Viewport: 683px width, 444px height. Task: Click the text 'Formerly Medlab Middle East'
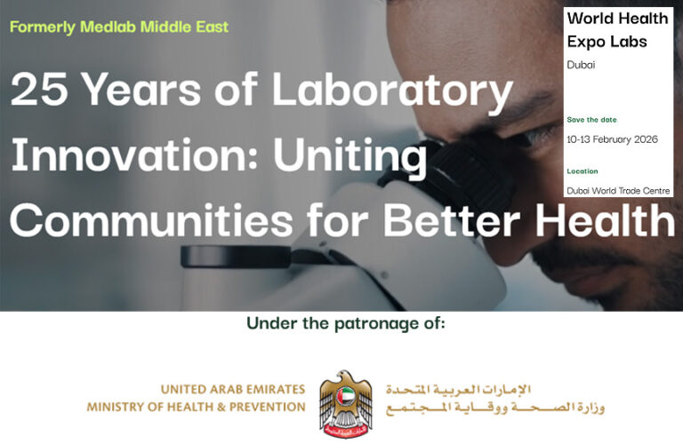(x=119, y=27)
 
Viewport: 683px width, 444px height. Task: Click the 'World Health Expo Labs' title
(x=607, y=29)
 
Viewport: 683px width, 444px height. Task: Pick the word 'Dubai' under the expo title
(x=581, y=65)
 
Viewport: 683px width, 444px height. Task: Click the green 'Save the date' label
(x=591, y=120)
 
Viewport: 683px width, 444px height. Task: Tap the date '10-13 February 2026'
(x=612, y=139)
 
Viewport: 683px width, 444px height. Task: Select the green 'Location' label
(x=583, y=171)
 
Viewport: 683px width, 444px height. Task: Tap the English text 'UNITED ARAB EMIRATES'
(x=232, y=390)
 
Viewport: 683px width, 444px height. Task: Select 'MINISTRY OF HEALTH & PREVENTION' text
(x=196, y=408)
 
